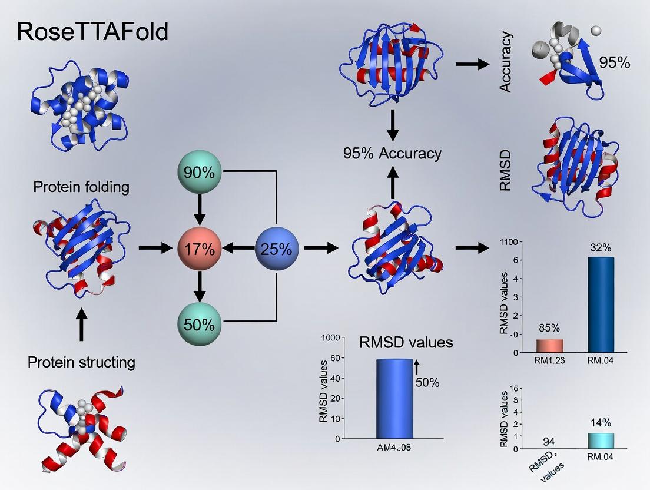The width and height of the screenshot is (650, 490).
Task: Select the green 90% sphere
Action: [x=200, y=172]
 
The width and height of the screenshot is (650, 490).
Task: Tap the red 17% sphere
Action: [x=200, y=249]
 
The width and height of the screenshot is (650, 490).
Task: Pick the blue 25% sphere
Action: [x=277, y=249]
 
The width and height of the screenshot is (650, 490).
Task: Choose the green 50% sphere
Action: [x=200, y=324]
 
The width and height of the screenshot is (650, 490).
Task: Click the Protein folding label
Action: [x=81, y=188]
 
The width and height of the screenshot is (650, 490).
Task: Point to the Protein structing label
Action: [x=81, y=362]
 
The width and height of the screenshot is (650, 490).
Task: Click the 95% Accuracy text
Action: [x=392, y=154]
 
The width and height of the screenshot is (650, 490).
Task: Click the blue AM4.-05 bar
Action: [x=394, y=399]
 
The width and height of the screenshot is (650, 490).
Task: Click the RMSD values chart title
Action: [x=406, y=342]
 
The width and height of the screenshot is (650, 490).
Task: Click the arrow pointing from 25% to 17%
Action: [x=240, y=249]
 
